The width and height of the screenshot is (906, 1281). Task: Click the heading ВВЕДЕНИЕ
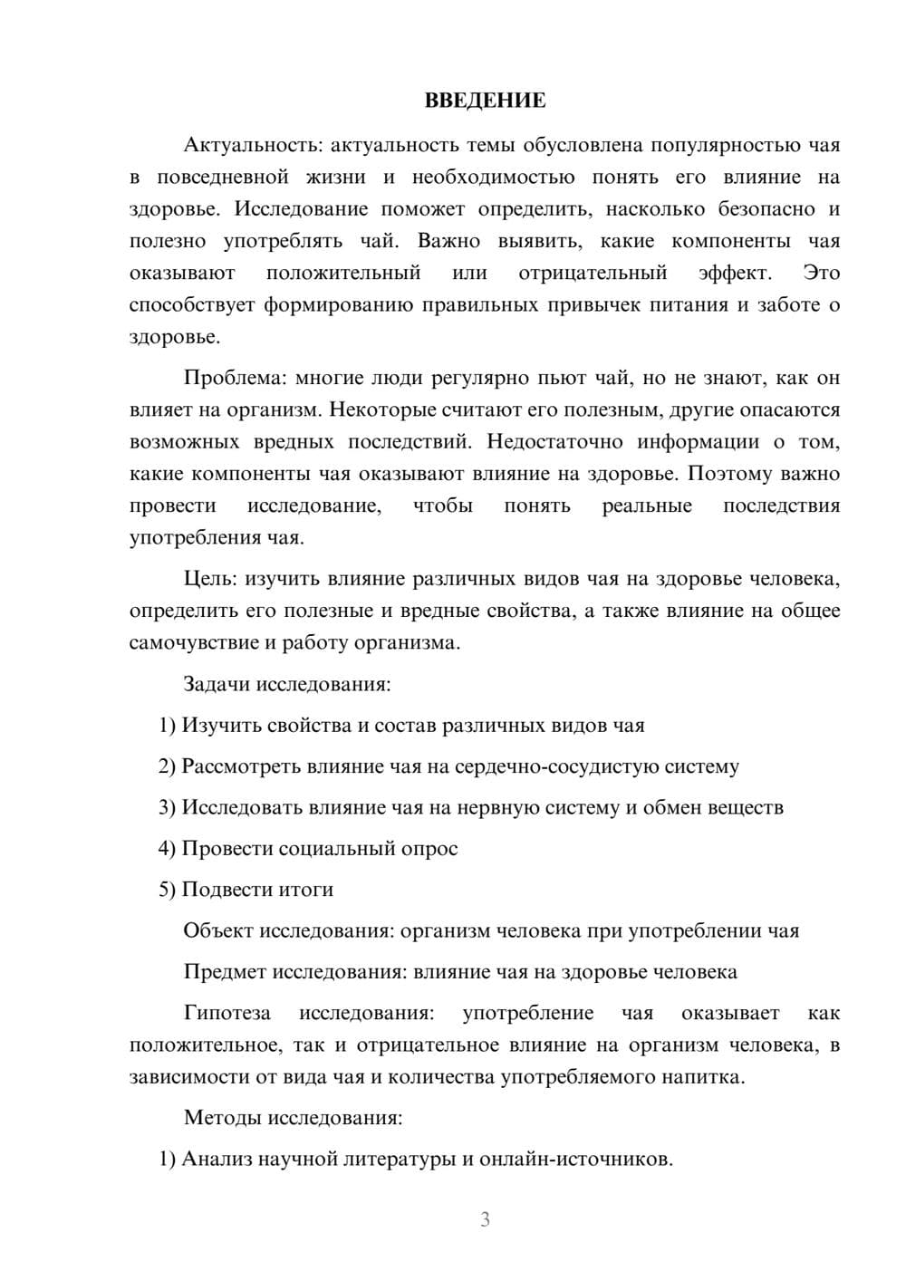point(485,101)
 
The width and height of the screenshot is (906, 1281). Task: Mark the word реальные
point(647,506)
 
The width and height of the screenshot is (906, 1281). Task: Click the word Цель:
point(211,579)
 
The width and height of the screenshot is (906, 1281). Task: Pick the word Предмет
point(225,973)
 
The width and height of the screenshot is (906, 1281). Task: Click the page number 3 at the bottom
point(485,1219)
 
